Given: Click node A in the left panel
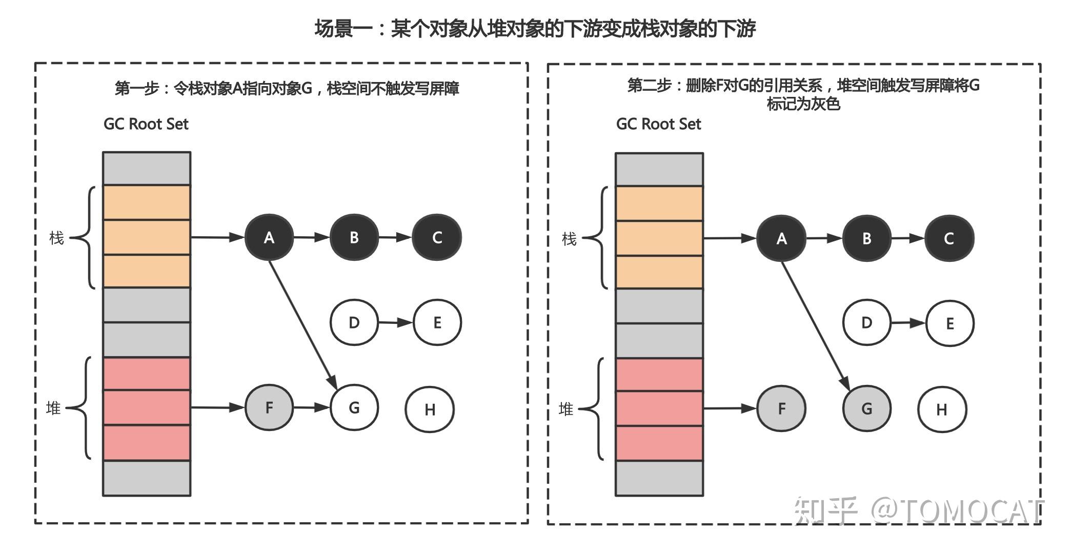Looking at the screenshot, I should click(269, 237).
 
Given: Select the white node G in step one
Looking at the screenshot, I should click(354, 407).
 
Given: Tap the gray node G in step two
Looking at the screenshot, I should click(866, 408).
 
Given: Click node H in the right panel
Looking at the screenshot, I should click(942, 409).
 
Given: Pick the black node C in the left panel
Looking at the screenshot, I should click(437, 237).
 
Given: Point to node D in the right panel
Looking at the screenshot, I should click(866, 323).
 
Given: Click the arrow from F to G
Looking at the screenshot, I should click(311, 407).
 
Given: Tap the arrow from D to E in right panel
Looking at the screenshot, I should click(908, 323).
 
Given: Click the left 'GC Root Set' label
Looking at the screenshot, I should click(146, 124).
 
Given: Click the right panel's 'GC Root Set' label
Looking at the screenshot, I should click(658, 124).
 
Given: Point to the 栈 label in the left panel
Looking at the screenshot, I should click(56, 238).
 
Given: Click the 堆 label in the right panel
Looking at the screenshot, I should click(565, 409).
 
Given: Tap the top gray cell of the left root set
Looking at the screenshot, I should click(147, 168).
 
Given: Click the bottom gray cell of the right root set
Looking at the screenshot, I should click(659, 478).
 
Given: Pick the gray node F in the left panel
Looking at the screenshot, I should click(269, 407).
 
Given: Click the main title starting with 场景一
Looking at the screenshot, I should click(535, 29).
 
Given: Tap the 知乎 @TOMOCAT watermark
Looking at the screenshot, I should click(918, 510).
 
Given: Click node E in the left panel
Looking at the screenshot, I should click(437, 323).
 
